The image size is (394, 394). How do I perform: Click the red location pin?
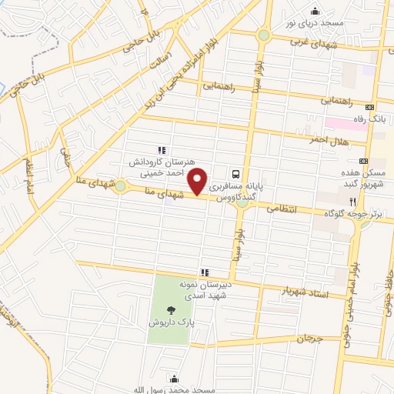[199, 180]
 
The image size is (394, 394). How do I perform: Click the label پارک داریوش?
[171, 323]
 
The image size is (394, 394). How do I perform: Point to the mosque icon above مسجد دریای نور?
[314, 10]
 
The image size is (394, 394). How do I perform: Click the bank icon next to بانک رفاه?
[370, 107]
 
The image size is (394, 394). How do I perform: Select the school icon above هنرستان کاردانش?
[161, 150]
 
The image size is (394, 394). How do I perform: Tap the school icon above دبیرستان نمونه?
[205, 272]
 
